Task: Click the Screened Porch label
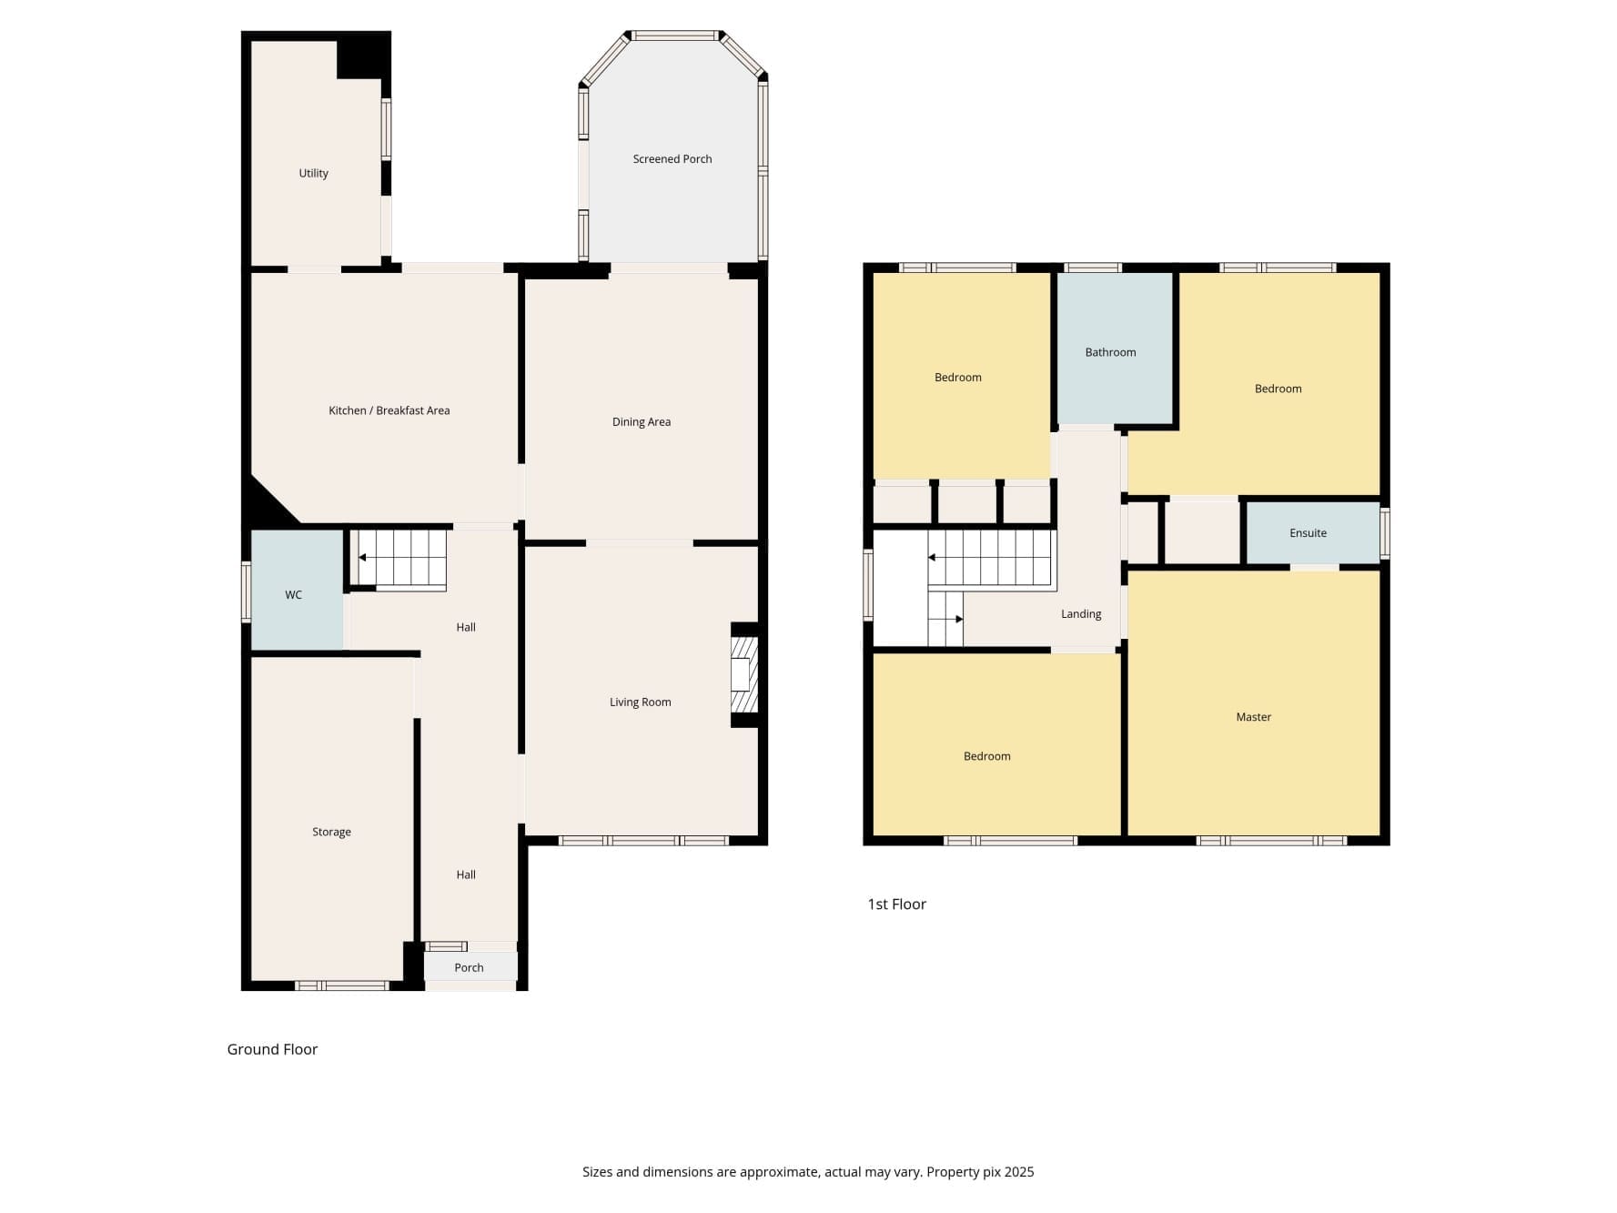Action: click(672, 159)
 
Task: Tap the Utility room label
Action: click(314, 173)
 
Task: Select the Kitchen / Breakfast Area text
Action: click(389, 410)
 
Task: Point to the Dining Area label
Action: click(642, 421)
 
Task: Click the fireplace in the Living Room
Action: click(744, 674)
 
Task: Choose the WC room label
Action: click(293, 595)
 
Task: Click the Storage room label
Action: click(331, 832)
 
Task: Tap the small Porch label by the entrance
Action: click(470, 967)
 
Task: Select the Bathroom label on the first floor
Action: click(1110, 352)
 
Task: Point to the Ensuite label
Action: click(1308, 533)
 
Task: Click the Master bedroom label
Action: click(1253, 717)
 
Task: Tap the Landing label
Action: click(1081, 614)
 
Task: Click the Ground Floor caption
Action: click(272, 1049)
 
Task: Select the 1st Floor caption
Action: click(896, 904)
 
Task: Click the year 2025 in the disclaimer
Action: click(1019, 1172)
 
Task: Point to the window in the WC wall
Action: click(246, 592)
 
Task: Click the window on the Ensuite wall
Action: click(1385, 533)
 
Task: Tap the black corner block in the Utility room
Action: click(362, 57)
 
